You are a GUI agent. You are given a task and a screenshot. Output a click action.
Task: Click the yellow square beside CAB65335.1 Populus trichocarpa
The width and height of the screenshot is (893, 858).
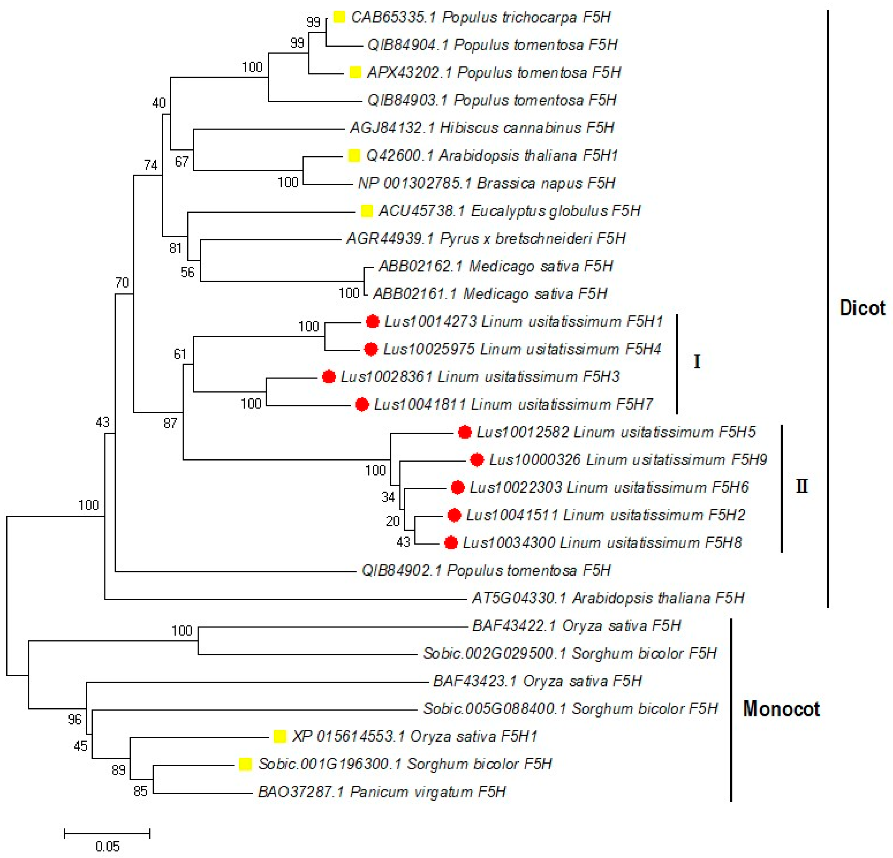[339, 17]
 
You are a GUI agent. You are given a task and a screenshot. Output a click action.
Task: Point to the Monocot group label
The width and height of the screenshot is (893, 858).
[781, 709]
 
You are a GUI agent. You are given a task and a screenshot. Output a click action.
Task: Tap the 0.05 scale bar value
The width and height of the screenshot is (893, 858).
[108, 846]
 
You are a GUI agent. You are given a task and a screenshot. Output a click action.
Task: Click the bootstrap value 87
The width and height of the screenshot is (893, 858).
[170, 423]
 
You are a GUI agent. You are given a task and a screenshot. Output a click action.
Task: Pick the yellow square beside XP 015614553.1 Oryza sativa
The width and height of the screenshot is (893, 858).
[280, 736]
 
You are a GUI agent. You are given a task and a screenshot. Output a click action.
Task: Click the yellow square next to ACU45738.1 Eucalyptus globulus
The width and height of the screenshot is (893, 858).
[367, 211]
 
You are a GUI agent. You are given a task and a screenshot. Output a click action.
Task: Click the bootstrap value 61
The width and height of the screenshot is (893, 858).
[180, 354]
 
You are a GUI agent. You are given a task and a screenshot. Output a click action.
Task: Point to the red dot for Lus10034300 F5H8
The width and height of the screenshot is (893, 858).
[451, 543]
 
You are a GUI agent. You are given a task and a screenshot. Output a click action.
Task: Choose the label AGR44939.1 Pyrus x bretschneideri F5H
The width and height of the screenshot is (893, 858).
[486, 238]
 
